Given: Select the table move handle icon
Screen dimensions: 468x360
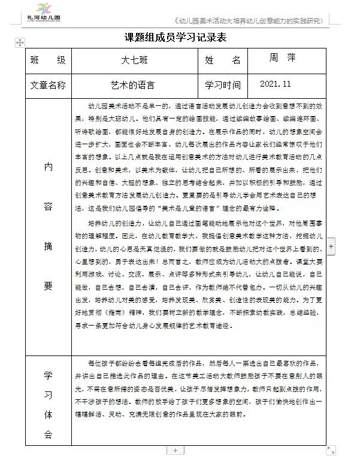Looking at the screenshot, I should tap(19, 42).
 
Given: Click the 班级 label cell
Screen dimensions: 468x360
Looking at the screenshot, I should tap(48, 60).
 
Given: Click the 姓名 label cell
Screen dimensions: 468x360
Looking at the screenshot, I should tap(222, 60).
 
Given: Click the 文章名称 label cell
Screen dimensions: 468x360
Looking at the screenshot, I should tap(48, 85).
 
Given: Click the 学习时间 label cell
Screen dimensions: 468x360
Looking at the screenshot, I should tap(222, 85).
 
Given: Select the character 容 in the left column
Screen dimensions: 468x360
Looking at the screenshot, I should tap(48, 206).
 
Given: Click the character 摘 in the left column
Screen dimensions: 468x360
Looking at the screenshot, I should tap(48, 245).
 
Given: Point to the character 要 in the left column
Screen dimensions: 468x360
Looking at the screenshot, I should tap(48, 285).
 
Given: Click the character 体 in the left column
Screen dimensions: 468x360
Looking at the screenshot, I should tap(48, 414).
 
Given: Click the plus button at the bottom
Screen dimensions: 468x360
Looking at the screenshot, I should tap(175, 449).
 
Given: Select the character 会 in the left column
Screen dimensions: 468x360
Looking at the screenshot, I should tap(48, 435).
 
